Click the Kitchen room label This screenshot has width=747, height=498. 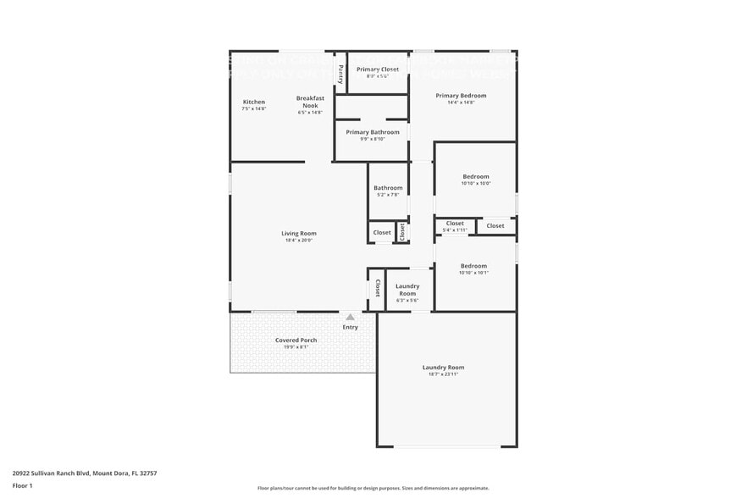253,102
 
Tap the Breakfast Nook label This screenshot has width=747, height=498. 311,102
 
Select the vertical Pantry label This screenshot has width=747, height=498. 340,74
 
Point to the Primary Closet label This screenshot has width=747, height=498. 377,69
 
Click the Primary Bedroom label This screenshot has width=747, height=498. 461,96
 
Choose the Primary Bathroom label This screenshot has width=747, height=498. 373,132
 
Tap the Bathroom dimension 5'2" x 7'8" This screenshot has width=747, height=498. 388,195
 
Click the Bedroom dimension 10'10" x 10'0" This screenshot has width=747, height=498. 475,183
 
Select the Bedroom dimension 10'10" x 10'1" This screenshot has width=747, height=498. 473,273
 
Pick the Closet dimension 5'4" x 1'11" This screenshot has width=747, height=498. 455,230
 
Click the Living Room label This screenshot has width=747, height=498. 299,233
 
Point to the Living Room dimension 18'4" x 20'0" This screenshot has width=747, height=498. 299,241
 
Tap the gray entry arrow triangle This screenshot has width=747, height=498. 350,317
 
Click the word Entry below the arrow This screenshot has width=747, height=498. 350,327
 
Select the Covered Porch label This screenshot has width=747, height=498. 296,340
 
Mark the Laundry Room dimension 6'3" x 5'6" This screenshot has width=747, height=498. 407,301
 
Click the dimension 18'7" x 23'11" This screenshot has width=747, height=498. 443,374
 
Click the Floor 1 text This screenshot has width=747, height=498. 22,485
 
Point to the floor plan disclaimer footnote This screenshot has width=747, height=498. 373,488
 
